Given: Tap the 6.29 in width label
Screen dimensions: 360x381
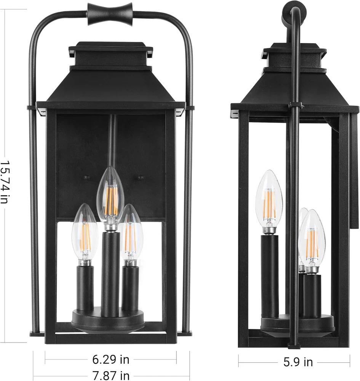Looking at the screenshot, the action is pos(111,360).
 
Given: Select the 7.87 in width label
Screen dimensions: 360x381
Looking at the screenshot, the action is pos(111,376).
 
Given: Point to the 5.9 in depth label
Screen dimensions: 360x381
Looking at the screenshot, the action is pos(298,362).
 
